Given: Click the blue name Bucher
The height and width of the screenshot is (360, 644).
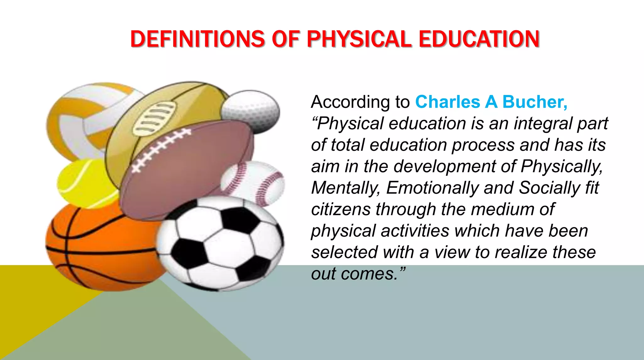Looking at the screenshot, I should tap(535, 102).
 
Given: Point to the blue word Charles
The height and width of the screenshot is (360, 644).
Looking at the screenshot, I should tap(447, 102).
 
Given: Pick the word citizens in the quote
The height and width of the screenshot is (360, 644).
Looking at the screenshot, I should tap(341, 209).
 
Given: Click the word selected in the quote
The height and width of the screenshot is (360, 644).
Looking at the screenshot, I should tap(344, 252).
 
